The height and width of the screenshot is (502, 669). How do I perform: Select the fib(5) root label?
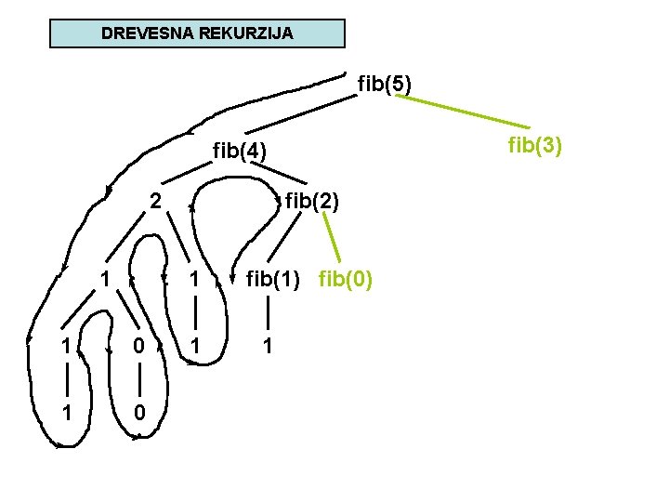tap(385, 85)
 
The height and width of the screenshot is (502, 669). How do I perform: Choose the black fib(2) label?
tap(312, 200)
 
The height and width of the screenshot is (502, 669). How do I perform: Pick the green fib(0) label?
tap(346, 278)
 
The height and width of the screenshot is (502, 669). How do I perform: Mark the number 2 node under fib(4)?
tap(157, 200)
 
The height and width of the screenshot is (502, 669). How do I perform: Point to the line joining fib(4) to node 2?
tap(186, 173)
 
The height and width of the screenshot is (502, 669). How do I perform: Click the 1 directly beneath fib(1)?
tap(267, 346)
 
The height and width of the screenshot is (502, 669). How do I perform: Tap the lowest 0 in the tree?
tap(138, 412)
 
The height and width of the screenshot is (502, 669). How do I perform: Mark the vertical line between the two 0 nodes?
tap(138, 379)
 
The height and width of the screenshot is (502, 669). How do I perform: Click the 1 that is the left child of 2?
tap(108, 278)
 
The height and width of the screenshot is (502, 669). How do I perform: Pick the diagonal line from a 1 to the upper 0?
tap(122, 311)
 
